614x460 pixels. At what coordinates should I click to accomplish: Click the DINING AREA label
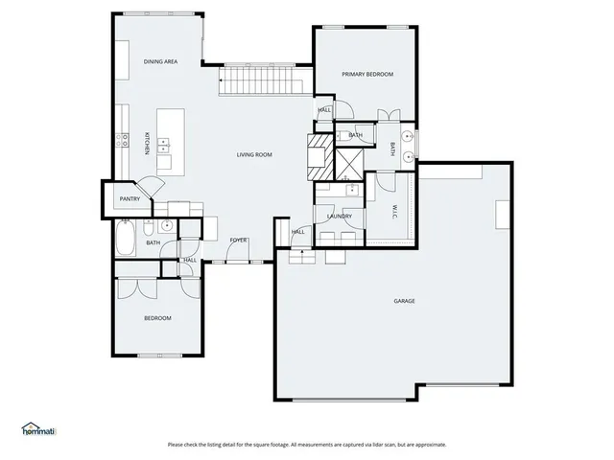tap(161, 61)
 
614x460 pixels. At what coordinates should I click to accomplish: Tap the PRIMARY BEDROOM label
tap(367, 74)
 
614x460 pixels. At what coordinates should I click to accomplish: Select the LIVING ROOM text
tap(255, 154)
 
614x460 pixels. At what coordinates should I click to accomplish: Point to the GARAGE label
tap(404, 301)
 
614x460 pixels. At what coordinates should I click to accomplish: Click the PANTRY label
tap(130, 199)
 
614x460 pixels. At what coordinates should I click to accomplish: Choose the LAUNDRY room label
tap(339, 216)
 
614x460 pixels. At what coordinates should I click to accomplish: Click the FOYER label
tap(238, 240)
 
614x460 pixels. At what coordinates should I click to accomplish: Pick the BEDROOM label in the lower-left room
tap(157, 318)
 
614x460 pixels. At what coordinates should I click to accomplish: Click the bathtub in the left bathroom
tap(125, 239)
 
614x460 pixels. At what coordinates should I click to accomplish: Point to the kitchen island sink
tap(164, 147)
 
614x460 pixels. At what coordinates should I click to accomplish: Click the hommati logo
tap(38, 429)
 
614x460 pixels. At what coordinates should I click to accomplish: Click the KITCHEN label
tap(146, 143)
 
